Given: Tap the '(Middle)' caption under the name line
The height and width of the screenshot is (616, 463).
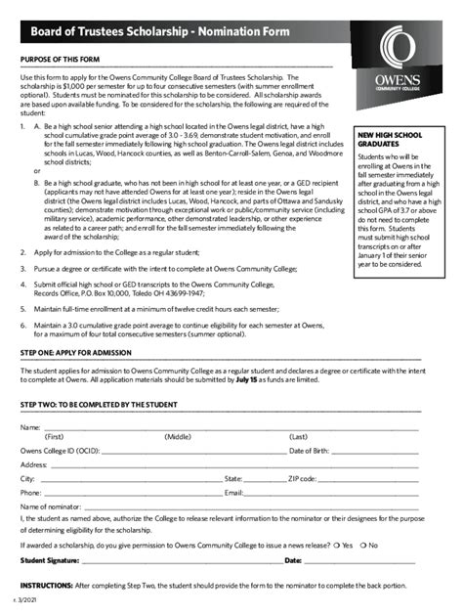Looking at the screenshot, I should point(178,437).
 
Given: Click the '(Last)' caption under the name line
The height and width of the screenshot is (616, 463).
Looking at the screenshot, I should point(299,437).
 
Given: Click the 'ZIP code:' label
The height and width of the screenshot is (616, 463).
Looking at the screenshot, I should point(303,479).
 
